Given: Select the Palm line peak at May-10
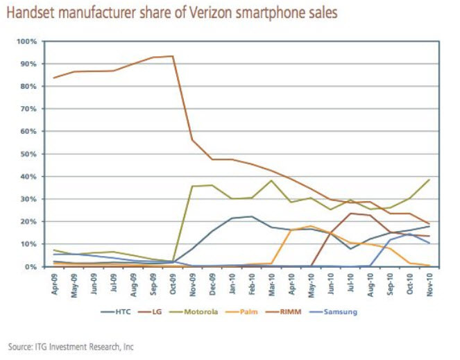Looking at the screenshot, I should [312, 226].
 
